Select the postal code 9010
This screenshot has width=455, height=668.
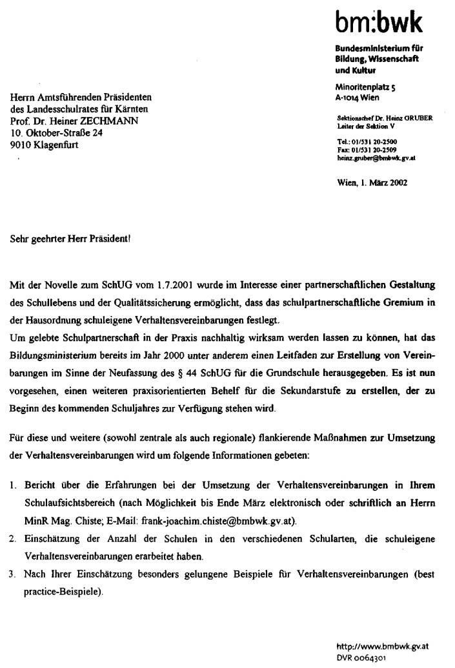point(22,145)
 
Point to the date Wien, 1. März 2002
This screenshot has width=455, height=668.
point(372,183)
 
